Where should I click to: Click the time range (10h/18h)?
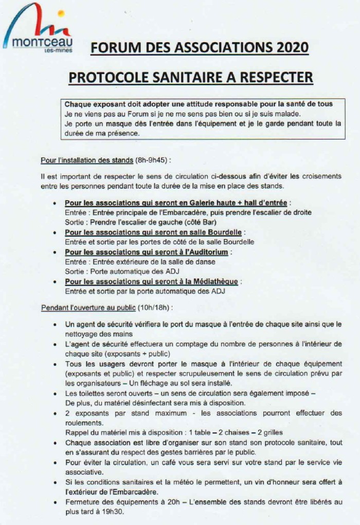(155, 307)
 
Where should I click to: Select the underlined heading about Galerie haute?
(177, 203)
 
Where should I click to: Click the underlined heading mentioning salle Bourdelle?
(153, 232)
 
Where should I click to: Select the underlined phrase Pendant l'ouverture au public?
(88, 307)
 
